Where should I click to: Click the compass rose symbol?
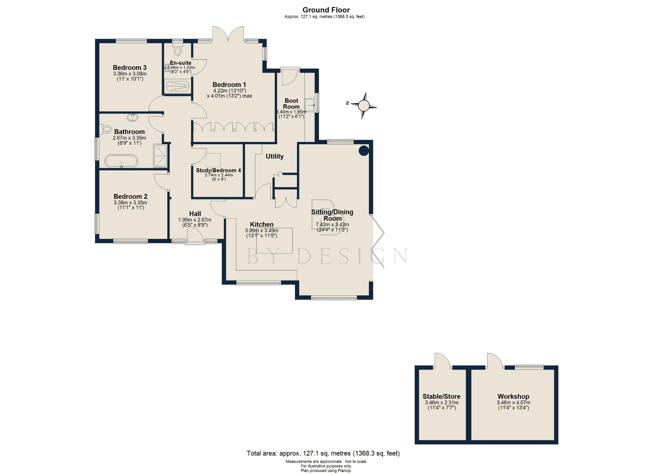(x=364, y=105)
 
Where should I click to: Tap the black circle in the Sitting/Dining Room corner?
(x=364, y=151)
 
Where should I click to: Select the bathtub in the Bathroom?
(x=121, y=161)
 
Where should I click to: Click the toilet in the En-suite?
(x=178, y=50)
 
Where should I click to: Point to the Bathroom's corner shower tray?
(x=160, y=156)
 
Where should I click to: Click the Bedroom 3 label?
(x=129, y=68)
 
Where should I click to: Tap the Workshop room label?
(x=513, y=396)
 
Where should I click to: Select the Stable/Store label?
(x=441, y=396)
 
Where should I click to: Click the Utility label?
(x=275, y=156)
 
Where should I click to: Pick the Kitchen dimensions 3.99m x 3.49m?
(x=261, y=230)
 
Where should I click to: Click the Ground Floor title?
(x=326, y=10)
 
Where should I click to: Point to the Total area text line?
(x=323, y=453)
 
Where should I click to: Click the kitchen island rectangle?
(x=275, y=241)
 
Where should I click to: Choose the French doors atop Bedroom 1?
(x=228, y=34)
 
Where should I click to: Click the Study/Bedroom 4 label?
(x=218, y=170)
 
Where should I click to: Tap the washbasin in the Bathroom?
(x=132, y=117)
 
